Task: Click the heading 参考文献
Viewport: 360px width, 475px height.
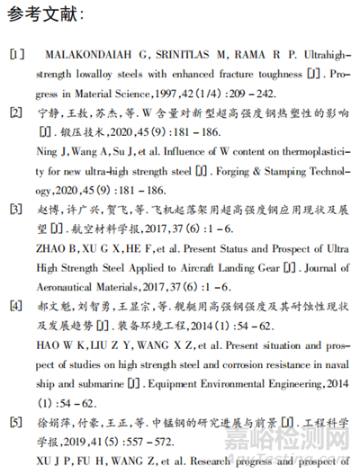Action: (x=46, y=15)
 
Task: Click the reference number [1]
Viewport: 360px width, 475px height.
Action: (x=17, y=54)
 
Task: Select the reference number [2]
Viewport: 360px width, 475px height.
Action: (x=17, y=112)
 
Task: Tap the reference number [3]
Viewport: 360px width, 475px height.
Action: (x=17, y=210)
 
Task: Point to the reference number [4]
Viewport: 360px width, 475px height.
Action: (x=17, y=306)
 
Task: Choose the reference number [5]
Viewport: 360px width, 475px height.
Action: (x=17, y=422)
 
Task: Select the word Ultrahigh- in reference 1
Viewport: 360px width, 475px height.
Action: (x=317, y=54)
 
